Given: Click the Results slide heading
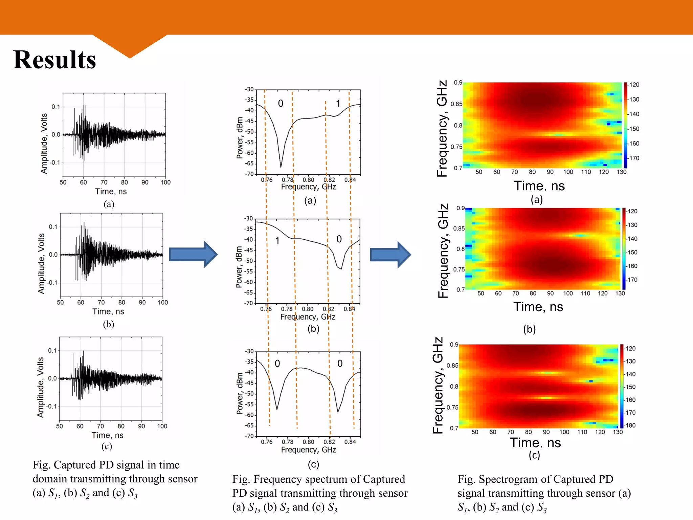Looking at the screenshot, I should (x=54, y=60).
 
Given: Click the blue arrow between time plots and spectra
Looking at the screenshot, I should (x=192, y=254).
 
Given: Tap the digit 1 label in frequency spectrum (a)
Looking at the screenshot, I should (x=338, y=103).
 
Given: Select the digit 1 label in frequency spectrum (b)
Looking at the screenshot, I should (x=277, y=241).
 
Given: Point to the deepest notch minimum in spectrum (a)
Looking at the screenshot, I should (x=281, y=167).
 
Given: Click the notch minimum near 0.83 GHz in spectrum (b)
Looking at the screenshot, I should (x=341, y=269).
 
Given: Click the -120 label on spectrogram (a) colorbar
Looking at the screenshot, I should (x=634, y=85).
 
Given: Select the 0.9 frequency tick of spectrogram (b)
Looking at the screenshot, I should (x=460, y=208).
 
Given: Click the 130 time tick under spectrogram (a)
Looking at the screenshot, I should (x=621, y=172).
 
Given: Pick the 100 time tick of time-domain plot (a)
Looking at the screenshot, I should (x=165, y=182).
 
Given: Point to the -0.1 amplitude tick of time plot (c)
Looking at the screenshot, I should (x=52, y=406).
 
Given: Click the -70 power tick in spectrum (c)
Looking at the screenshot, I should (x=250, y=436).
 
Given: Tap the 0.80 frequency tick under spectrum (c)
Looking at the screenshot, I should (x=308, y=442).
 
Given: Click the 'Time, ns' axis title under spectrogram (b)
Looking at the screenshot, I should (x=538, y=307).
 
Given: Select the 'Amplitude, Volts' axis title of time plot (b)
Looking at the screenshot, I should (x=41, y=263).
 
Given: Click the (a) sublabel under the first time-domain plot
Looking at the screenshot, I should (x=109, y=204).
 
